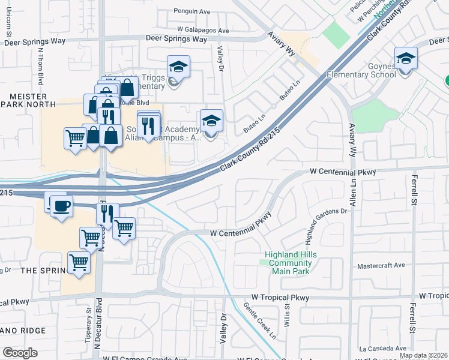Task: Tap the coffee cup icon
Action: pos(61,207)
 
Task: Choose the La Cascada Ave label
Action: pos(384,348)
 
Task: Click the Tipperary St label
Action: pos(87,327)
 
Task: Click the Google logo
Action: pos(20,353)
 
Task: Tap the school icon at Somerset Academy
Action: pos(211,122)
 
